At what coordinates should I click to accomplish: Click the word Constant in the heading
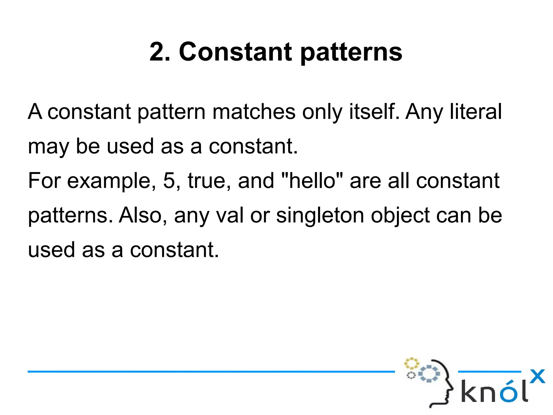[235, 52]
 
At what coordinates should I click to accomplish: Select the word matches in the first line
[254, 112]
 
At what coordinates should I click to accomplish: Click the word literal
[476, 112]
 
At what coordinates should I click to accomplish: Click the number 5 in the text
[169, 180]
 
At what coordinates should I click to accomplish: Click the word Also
[140, 215]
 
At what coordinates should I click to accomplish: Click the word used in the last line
[51, 250]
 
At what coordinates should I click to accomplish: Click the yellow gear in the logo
[411, 363]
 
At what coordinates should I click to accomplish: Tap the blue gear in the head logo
[429, 374]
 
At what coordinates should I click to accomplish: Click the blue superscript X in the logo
[537, 376]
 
